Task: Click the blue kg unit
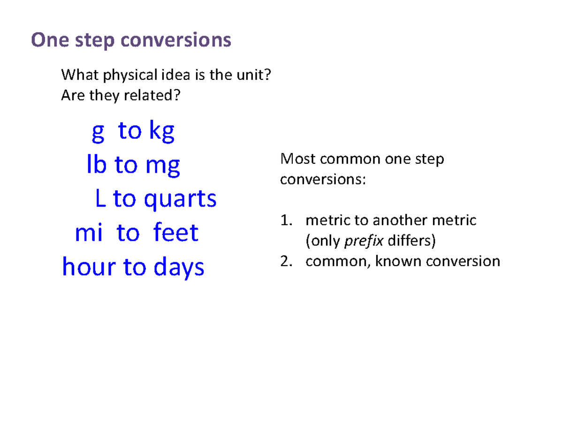[161, 132]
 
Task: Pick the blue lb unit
[97, 165]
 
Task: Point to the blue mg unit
[162, 166]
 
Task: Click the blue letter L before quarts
[100, 199]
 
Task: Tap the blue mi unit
[88, 233]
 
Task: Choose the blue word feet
[176, 233]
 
